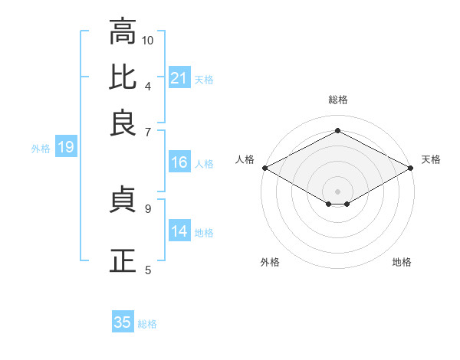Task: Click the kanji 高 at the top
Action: click(123, 33)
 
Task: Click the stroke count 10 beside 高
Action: click(148, 40)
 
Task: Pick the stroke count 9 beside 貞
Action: click(148, 208)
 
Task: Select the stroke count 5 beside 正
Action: click(148, 270)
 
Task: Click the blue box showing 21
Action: click(179, 78)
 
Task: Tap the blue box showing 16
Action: click(179, 162)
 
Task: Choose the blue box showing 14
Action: click(179, 231)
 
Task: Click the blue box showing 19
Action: click(65, 148)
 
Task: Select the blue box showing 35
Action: click(123, 322)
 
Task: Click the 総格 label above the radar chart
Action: click(337, 100)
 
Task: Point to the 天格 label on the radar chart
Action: click(431, 159)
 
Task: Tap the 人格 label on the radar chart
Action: click(245, 159)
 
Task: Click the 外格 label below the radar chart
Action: click(270, 262)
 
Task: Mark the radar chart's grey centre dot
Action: click(337, 190)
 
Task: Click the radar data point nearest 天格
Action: click(412, 168)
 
